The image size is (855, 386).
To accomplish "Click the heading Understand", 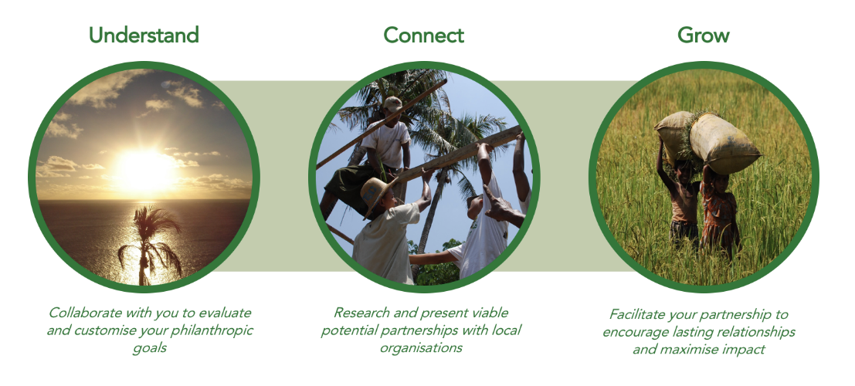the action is (144, 36).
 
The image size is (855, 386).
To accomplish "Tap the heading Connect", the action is (424, 36).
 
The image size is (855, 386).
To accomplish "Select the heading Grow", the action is (704, 36).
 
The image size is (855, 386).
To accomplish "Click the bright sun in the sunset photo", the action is (143, 170).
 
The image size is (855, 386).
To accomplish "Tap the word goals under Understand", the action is (149, 348).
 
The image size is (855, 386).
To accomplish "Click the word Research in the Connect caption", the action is (361, 313).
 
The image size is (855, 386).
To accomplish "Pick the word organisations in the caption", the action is (421, 348).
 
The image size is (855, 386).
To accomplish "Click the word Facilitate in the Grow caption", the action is (639, 314).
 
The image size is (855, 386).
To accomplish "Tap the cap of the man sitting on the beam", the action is (392, 103).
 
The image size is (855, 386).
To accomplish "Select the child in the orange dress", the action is (719, 212).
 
